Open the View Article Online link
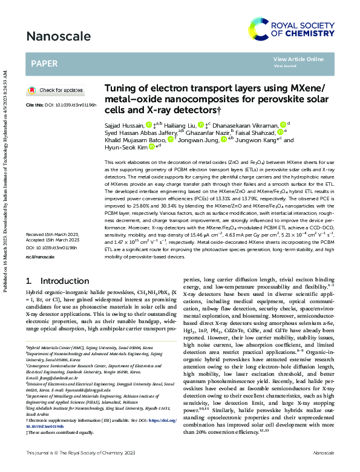coord(298,59)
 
